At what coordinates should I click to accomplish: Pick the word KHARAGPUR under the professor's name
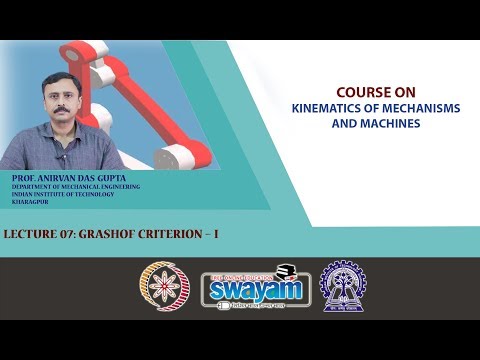point(29,203)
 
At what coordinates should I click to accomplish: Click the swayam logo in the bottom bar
point(244,286)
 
